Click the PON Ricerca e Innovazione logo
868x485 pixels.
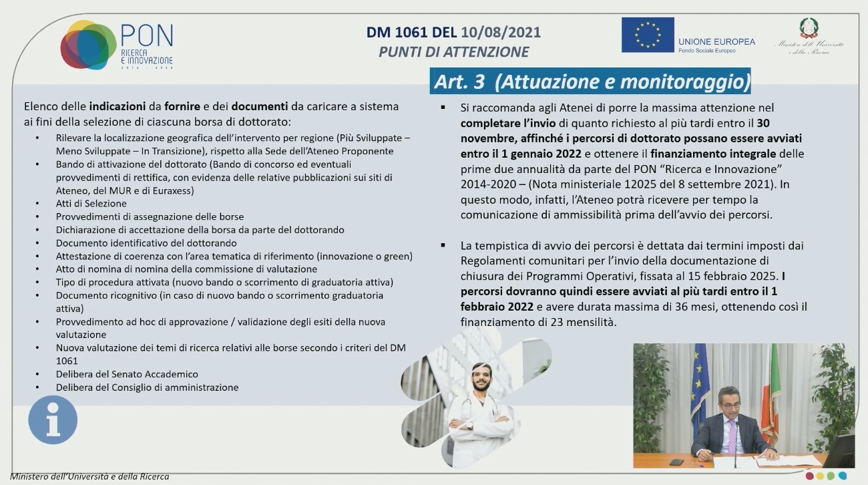point(117,45)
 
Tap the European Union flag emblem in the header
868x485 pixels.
point(647,35)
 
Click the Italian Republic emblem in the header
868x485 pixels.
point(809,27)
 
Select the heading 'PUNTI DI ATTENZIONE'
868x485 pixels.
point(453,52)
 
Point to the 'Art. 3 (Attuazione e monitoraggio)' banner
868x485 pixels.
point(592,82)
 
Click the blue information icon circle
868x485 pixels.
point(53,420)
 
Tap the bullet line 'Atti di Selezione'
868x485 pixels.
point(91,204)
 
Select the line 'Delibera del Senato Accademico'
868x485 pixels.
point(127,374)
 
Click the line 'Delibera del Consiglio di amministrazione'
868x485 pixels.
point(147,387)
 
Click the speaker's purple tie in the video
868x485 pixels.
point(731,432)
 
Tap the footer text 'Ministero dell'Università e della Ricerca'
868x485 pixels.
point(89,476)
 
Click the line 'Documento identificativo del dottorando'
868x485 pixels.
point(146,243)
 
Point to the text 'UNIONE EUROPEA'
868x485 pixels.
point(716,41)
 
